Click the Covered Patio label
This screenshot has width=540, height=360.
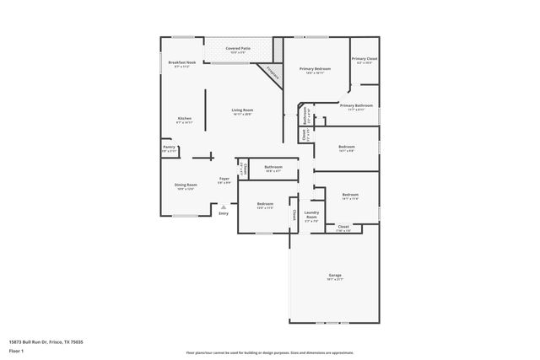[x=238, y=50]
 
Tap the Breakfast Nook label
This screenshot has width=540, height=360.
[x=182, y=64]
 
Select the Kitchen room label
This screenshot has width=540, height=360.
[x=184, y=120]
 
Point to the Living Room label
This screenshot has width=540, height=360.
[x=243, y=111]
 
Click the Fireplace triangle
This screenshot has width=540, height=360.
[x=274, y=74]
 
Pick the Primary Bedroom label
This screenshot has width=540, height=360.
[x=315, y=69]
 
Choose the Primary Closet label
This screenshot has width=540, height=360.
[x=364, y=60]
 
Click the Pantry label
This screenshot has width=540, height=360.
[x=169, y=148]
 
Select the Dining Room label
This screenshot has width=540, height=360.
[x=186, y=186]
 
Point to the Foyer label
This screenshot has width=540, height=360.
[x=224, y=180]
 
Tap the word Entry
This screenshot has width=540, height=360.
[x=224, y=213]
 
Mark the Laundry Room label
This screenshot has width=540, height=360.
[x=310, y=217]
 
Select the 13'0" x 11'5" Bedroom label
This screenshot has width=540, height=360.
[x=265, y=206]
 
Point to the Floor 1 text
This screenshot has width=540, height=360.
[x=17, y=350]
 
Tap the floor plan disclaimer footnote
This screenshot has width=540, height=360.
[x=269, y=352]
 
